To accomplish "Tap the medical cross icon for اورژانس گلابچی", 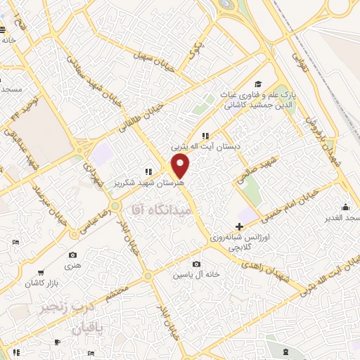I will tap(240, 227).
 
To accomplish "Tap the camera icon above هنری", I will tap(72, 255).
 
